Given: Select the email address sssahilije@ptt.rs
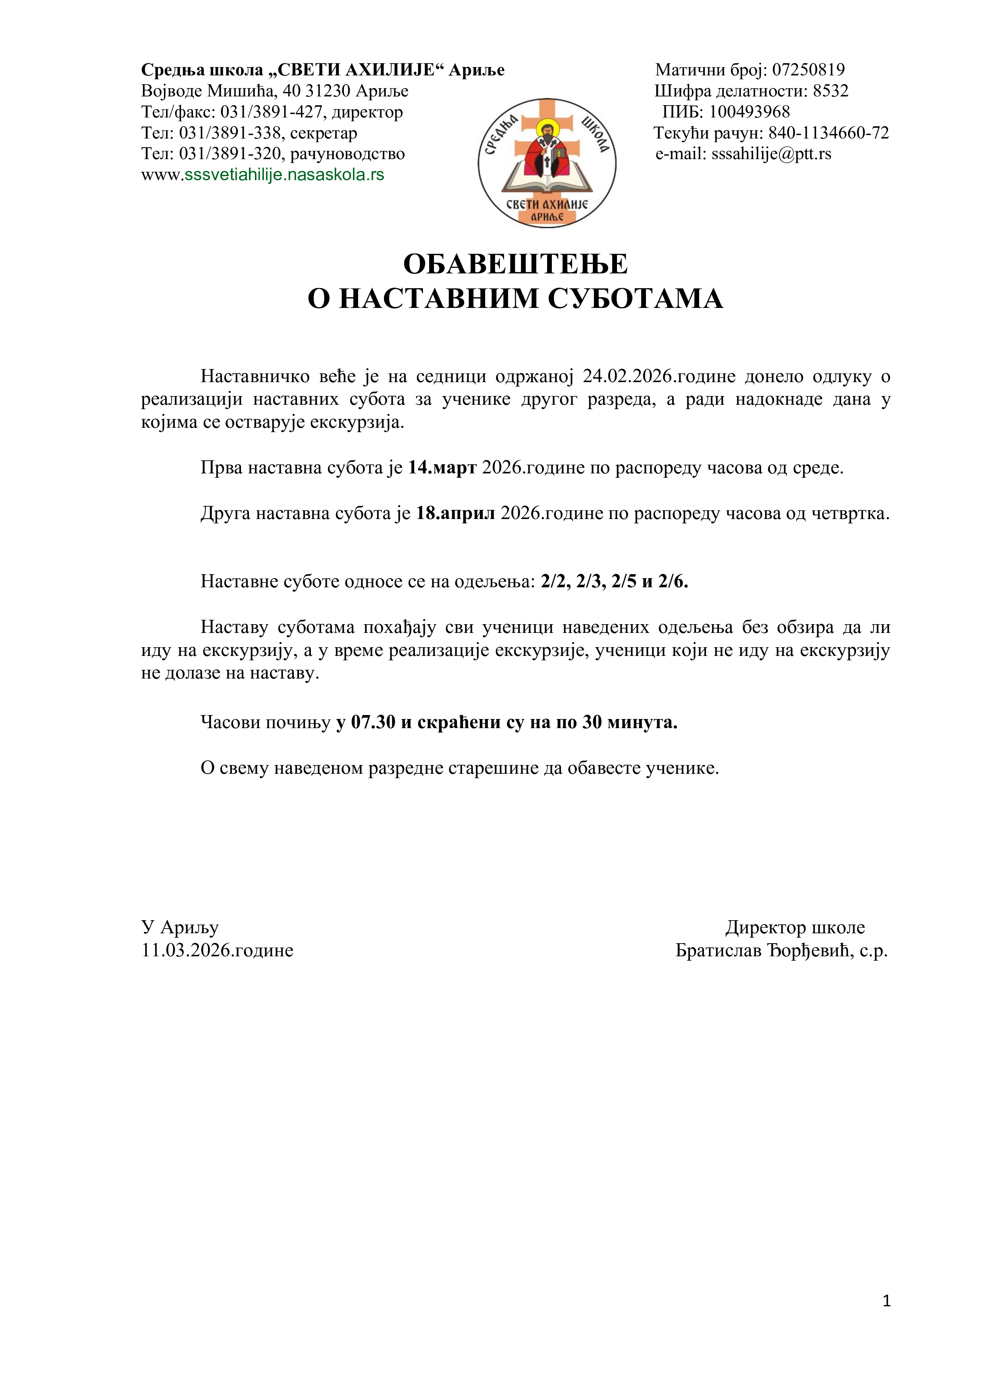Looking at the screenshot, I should (771, 154).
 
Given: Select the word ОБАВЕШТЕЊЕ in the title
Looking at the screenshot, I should (516, 264).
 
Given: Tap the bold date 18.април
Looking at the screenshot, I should (455, 513).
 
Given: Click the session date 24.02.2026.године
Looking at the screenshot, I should (659, 377).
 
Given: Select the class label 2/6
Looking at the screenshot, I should (673, 582).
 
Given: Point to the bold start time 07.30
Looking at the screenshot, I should (373, 723).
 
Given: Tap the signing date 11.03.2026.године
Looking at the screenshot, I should (217, 951).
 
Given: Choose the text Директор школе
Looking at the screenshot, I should (794, 928).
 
